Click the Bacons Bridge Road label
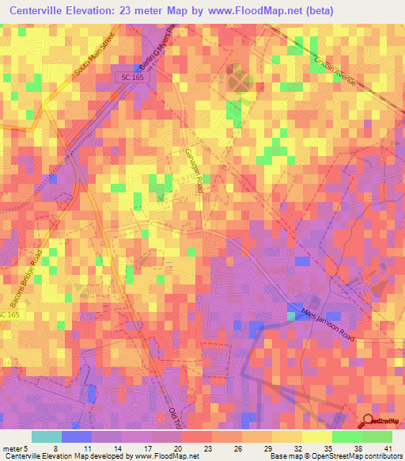tap(25, 280)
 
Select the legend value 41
tap(387, 448)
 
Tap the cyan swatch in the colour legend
tap(46, 436)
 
